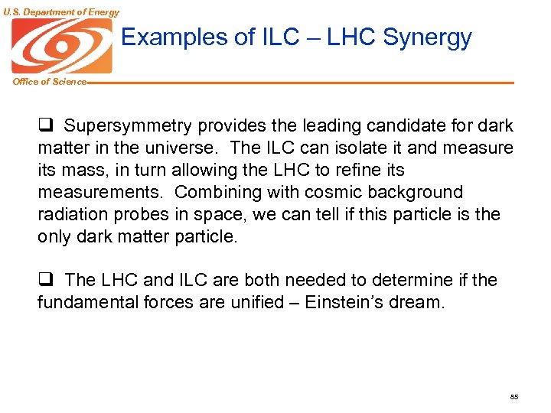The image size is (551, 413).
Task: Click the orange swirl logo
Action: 61,45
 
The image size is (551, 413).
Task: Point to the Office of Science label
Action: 49,82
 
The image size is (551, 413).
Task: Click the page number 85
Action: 514,398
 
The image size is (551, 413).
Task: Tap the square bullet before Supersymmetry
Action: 45,125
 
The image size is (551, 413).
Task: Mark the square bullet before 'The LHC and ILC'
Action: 45,281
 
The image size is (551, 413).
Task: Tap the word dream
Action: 418,303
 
